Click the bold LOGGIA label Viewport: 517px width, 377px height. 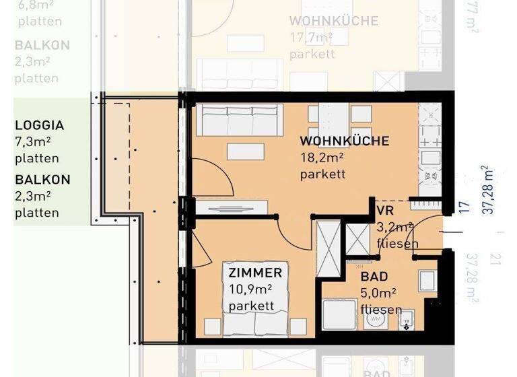tap(40, 125)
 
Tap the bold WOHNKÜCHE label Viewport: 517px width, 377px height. tap(344, 141)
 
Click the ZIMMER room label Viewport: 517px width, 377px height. tap(255, 273)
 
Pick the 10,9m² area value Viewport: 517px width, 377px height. tap(250, 289)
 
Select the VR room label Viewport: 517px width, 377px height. tap(385, 210)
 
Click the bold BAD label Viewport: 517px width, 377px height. tap(374, 277)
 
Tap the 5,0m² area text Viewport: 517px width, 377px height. tap(378, 294)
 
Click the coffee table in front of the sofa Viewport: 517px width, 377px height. tap(246, 152)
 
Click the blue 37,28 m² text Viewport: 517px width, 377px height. tap(489, 189)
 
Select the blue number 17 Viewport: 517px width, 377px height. tap(464, 206)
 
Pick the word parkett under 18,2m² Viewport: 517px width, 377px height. tap(323, 174)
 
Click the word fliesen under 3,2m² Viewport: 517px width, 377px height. tap(399, 243)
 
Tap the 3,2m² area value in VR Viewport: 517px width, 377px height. tap(395, 227)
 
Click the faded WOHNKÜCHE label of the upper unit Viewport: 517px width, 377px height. tap(333, 21)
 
